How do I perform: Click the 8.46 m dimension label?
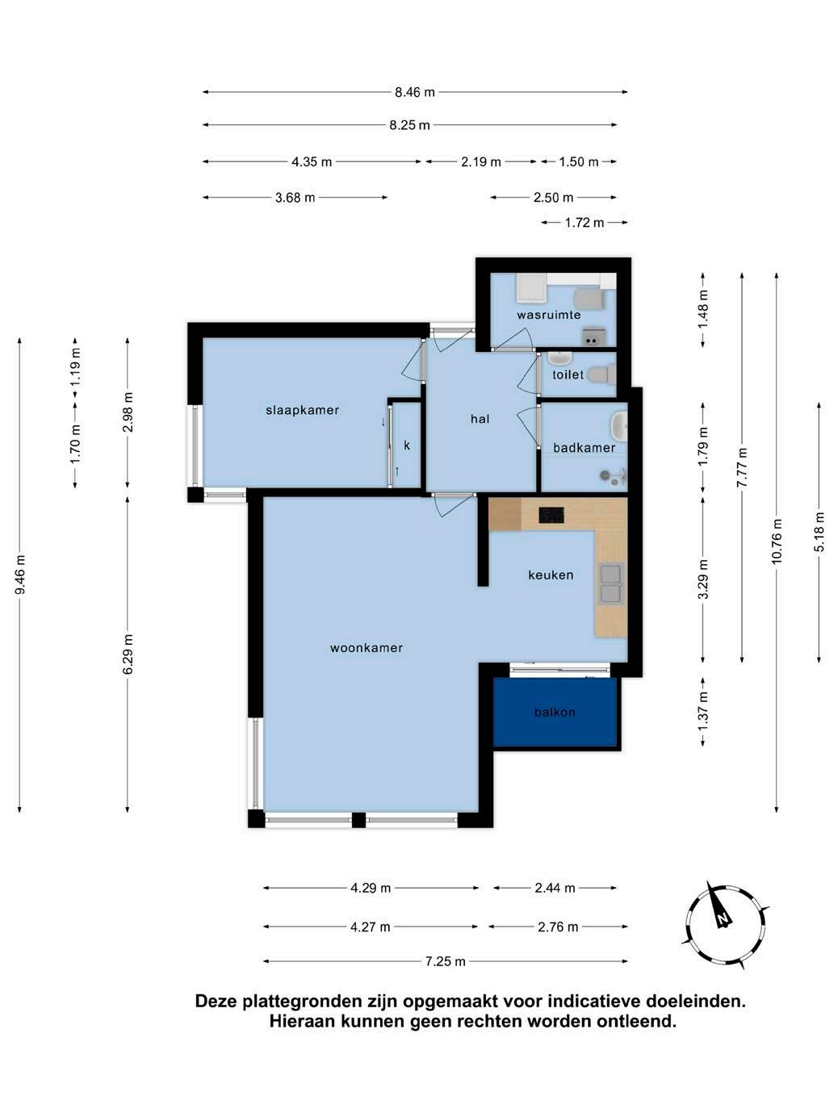click(x=415, y=92)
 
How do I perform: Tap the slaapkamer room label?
click(x=302, y=410)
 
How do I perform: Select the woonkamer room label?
click(x=367, y=648)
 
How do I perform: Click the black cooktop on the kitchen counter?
click(x=551, y=515)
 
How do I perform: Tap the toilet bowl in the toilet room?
click(x=601, y=374)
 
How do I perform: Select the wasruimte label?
click(x=548, y=315)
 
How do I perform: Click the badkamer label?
click(x=585, y=448)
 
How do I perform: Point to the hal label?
click(x=480, y=419)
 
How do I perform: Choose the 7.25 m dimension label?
click(x=445, y=961)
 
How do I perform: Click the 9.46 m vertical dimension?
click(x=20, y=575)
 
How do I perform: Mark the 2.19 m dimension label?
click(x=481, y=162)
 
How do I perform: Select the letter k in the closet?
click(x=407, y=446)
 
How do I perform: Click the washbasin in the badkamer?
click(x=619, y=425)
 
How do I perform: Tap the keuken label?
click(x=551, y=575)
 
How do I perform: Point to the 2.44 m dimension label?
click(x=555, y=888)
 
